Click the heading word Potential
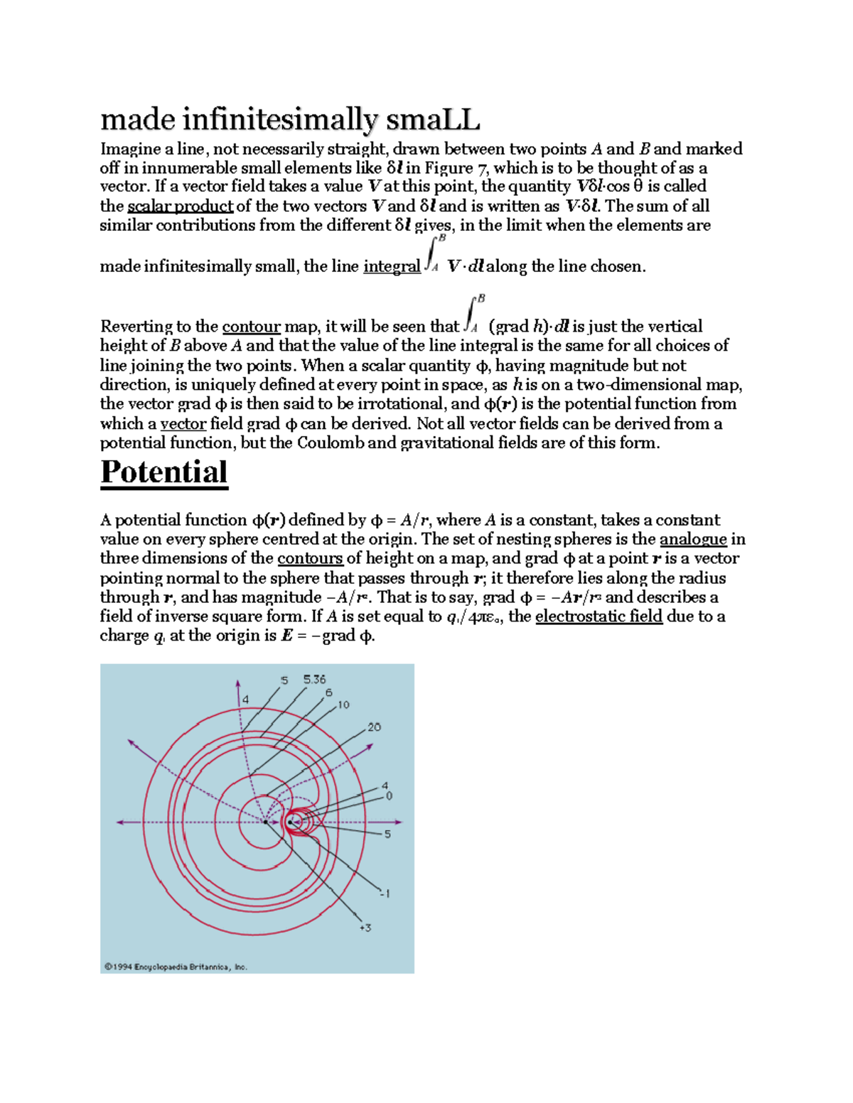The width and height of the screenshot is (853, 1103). tap(164, 472)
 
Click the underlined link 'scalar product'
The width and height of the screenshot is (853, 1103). tap(180, 206)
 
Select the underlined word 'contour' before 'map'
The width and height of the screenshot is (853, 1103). tap(251, 327)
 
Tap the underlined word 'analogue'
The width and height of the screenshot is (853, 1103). tap(692, 539)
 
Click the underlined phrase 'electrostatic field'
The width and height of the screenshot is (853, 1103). tap(599, 616)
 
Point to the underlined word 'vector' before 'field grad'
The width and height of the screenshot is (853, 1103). tap(183, 424)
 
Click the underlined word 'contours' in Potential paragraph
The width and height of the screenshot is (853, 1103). tap(310, 558)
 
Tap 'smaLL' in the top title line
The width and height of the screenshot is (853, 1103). tap(433, 119)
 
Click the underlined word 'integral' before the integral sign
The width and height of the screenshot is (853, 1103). tap(391, 266)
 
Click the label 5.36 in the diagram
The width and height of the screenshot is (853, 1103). tap(314, 679)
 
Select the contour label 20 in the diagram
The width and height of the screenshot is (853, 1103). tap(374, 727)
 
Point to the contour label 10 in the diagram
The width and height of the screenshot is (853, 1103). tap(343, 705)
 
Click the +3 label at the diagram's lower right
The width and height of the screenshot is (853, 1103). tap(365, 928)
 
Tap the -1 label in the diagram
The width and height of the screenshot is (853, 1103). tap(385, 893)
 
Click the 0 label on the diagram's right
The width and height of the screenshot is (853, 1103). tap(389, 796)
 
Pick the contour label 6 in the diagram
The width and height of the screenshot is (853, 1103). tap(328, 692)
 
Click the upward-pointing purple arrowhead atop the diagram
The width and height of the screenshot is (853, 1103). tap(238, 684)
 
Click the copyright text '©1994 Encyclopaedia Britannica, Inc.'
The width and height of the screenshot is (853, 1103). tap(176, 967)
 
